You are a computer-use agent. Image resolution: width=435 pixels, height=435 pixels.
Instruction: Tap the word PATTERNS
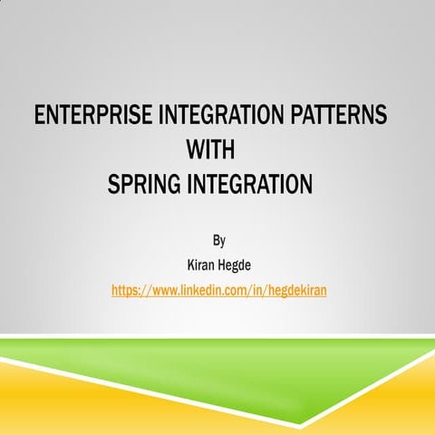[339, 116]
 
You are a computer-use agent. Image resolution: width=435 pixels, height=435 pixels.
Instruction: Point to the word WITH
[210, 150]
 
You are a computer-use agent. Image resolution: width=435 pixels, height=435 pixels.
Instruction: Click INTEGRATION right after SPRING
[251, 184]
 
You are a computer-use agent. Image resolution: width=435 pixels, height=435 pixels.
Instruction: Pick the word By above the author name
[218, 240]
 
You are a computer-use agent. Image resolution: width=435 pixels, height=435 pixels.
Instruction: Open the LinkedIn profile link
[218, 291]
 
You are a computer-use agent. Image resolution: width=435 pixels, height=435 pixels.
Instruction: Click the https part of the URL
[127, 291]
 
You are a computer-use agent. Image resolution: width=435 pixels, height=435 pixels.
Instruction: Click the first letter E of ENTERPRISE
[38, 116]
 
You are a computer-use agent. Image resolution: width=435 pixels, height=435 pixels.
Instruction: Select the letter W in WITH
[193, 150]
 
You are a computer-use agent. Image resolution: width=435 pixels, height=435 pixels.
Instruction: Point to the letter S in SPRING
[113, 184]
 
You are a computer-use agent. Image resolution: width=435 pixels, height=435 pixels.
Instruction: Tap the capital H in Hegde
[222, 266]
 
